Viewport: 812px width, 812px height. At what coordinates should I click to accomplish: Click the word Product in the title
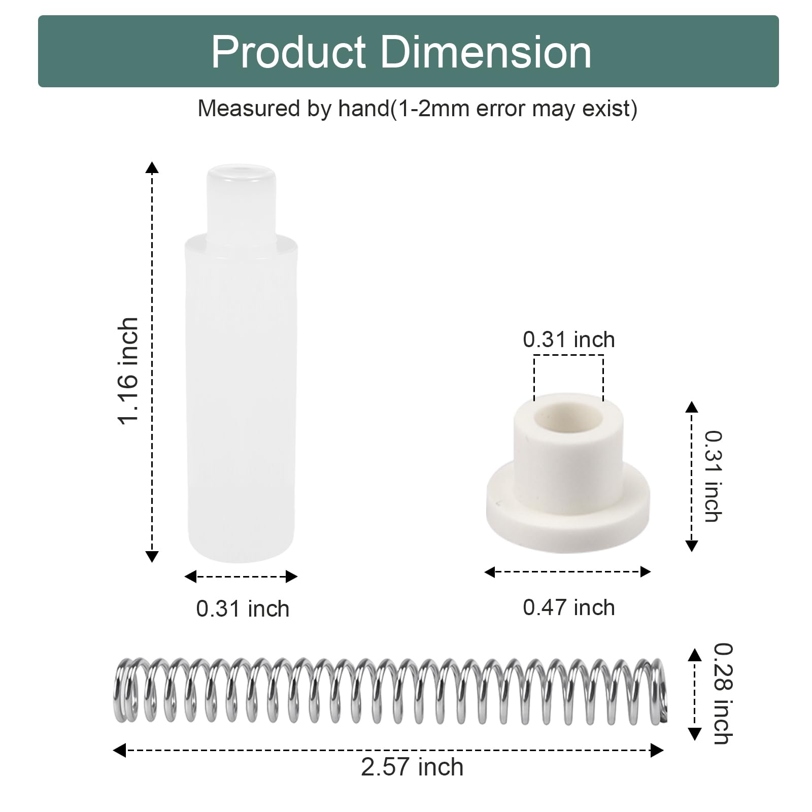[288, 52]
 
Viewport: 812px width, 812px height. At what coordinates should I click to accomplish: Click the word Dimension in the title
[487, 52]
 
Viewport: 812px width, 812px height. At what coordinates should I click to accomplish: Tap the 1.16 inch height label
[128, 370]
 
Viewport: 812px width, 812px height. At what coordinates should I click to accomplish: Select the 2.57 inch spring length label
[412, 767]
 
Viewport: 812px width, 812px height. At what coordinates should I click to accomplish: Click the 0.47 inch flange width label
[569, 607]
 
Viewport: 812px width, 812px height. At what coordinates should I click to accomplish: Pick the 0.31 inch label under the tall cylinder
[243, 608]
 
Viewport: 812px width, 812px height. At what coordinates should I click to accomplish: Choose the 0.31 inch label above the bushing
[569, 340]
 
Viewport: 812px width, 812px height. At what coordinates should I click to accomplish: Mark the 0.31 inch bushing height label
[713, 476]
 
